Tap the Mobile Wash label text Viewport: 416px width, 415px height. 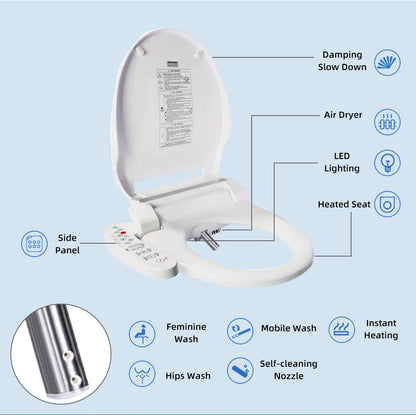tap(289, 327)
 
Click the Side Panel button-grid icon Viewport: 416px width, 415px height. tap(34, 243)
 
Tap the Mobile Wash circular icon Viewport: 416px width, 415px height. tap(240, 330)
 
